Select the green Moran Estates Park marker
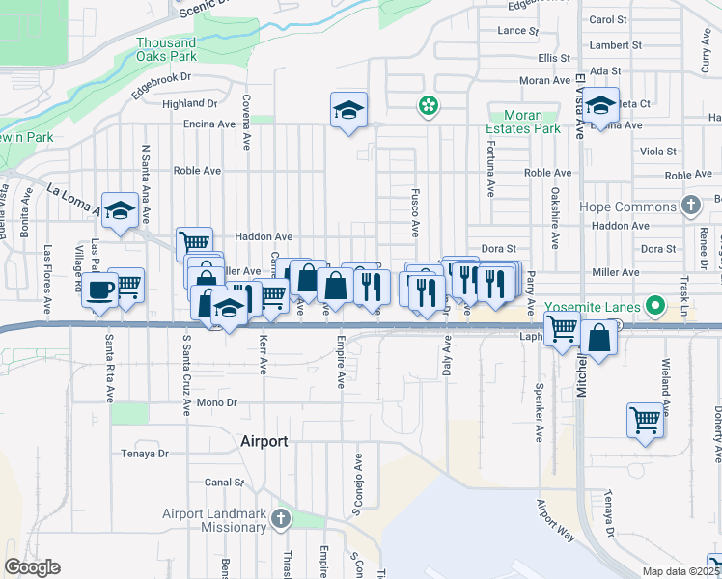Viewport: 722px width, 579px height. [425, 105]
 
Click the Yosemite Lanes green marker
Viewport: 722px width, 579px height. [656, 308]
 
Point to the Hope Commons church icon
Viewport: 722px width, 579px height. [690, 206]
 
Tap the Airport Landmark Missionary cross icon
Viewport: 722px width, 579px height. [280, 519]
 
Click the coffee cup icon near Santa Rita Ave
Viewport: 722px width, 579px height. [100, 289]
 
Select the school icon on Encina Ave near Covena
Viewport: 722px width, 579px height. [348, 109]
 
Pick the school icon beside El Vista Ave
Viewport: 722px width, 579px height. [599, 107]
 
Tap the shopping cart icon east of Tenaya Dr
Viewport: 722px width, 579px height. [645, 419]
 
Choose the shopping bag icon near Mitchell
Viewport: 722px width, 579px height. [598, 339]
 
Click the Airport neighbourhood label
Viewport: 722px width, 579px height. [264, 441]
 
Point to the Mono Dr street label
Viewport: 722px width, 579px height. [216, 401]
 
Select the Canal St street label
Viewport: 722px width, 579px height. [224, 482]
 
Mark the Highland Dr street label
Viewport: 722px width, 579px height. [190, 103]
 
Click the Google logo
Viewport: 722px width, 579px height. [32, 567]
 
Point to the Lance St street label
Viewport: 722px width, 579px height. [518, 31]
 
